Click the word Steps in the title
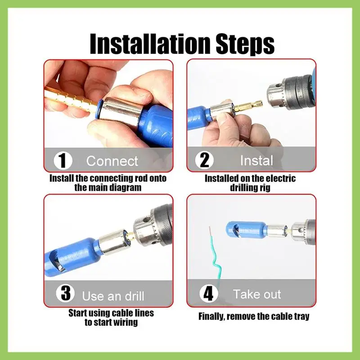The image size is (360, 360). tap(245, 45)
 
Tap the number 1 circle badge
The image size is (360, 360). tap(63, 161)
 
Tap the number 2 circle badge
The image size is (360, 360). tap(204, 160)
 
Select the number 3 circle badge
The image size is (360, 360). tap(65, 293)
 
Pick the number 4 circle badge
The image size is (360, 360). tap(209, 294)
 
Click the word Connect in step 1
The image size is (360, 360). tap(112, 161)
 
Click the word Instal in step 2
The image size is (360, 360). tap(256, 160)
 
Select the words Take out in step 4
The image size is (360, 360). tap(257, 294)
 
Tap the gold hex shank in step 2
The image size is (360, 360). tap(252, 106)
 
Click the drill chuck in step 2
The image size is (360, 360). tap(290, 91)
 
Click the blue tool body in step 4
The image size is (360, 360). tap(247, 230)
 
